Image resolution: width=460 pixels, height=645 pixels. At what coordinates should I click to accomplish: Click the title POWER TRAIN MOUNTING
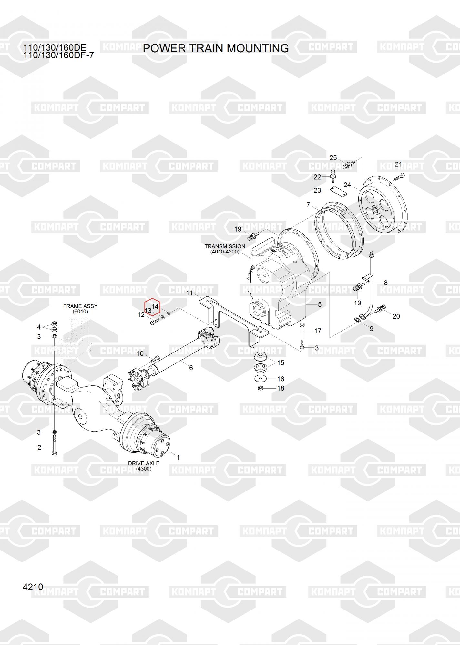coord(216,48)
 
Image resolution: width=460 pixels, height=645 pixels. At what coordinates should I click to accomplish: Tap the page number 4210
coord(33,587)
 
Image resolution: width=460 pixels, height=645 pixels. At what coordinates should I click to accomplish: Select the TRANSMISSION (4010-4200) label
coord(225,249)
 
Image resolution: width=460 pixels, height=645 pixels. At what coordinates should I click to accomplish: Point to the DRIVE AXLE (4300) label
coord(144,466)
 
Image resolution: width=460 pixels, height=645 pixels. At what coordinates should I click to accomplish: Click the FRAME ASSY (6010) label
coord(80,309)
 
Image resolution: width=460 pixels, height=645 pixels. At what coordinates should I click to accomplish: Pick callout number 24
coord(347,185)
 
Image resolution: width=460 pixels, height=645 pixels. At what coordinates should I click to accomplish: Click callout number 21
coord(398,164)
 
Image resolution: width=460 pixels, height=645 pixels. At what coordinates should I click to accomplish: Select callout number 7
coord(308,205)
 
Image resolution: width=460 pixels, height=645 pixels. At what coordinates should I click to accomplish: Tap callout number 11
coord(189,293)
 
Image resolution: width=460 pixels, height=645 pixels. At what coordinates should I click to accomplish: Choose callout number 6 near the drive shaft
coord(191,368)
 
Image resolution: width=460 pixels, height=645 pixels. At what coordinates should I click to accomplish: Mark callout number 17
coord(318,331)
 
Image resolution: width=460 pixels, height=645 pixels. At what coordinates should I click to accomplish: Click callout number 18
coord(281,388)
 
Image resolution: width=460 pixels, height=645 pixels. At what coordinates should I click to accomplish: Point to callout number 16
coord(281,379)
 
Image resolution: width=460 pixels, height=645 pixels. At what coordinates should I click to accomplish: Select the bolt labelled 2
coord(54,445)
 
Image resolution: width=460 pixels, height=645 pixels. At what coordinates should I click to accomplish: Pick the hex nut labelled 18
coord(261,388)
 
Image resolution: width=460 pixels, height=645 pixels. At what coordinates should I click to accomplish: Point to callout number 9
coord(372,329)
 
